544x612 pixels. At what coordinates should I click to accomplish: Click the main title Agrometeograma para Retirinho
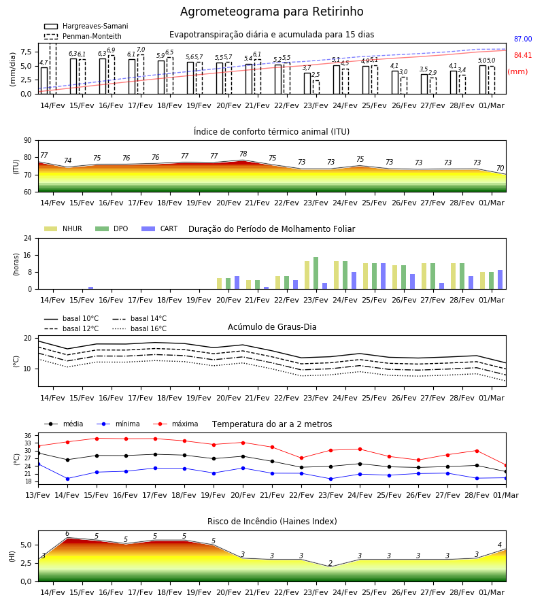pyautogui.click(x=271, y=12)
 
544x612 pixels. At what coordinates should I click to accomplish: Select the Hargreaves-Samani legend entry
pyautogui.click(x=86, y=26)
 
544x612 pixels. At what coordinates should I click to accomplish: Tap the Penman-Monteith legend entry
pyautogui.click(x=83, y=36)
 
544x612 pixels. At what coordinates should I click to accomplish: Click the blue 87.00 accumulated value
pyautogui.click(x=523, y=39)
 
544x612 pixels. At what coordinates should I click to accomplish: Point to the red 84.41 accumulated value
pyautogui.click(x=523, y=56)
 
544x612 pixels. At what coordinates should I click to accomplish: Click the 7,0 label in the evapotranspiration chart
pyautogui.click(x=141, y=50)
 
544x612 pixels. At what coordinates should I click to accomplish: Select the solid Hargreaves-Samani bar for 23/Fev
pyautogui.click(x=307, y=84)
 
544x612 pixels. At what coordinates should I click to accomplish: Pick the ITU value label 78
pyautogui.click(x=243, y=154)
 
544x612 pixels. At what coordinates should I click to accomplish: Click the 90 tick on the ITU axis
pyautogui.click(x=28, y=141)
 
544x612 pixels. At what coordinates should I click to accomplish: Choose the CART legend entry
pyautogui.click(x=160, y=228)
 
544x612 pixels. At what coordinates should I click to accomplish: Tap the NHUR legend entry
pyautogui.click(x=63, y=228)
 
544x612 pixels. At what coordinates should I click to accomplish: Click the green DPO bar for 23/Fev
pyautogui.click(x=316, y=273)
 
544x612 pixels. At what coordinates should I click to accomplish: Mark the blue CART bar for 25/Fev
pyautogui.click(x=384, y=276)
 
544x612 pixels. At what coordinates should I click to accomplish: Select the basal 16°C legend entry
pyautogui.click(x=139, y=328)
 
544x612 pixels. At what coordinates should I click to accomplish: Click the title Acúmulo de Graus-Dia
pyautogui.click(x=272, y=327)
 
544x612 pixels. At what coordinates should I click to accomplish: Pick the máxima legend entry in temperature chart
pyautogui.click(x=176, y=424)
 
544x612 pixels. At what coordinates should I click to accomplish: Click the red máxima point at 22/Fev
pyautogui.click(x=302, y=458)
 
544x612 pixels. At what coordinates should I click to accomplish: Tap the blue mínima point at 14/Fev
pyautogui.click(x=67, y=479)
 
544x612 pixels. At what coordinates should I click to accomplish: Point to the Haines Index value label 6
pyautogui.click(x=67, y=534)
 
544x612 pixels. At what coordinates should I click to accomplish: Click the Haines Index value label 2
pyautogui.click(x=330, y=563)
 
